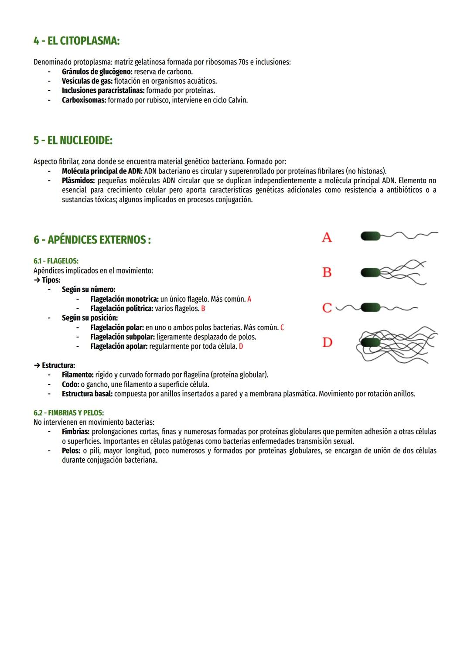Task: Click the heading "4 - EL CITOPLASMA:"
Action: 76,41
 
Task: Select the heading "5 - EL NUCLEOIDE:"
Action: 73,140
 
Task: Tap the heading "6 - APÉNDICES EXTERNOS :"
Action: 92,240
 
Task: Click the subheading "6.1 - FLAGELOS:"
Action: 56,261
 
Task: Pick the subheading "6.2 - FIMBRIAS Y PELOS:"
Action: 68,413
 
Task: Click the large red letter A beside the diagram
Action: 327,238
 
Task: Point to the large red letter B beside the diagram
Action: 327,273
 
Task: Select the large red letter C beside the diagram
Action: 327,308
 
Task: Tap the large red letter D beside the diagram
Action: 327,343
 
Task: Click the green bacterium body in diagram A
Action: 371,236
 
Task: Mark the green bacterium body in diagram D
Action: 371,342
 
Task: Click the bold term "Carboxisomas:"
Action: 84,100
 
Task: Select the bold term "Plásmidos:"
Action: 78,181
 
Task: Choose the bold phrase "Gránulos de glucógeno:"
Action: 97,72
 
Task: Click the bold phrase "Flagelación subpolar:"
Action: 122,337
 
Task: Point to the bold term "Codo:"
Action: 70,385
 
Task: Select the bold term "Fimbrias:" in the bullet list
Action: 75,432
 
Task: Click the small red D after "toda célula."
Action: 241,347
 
